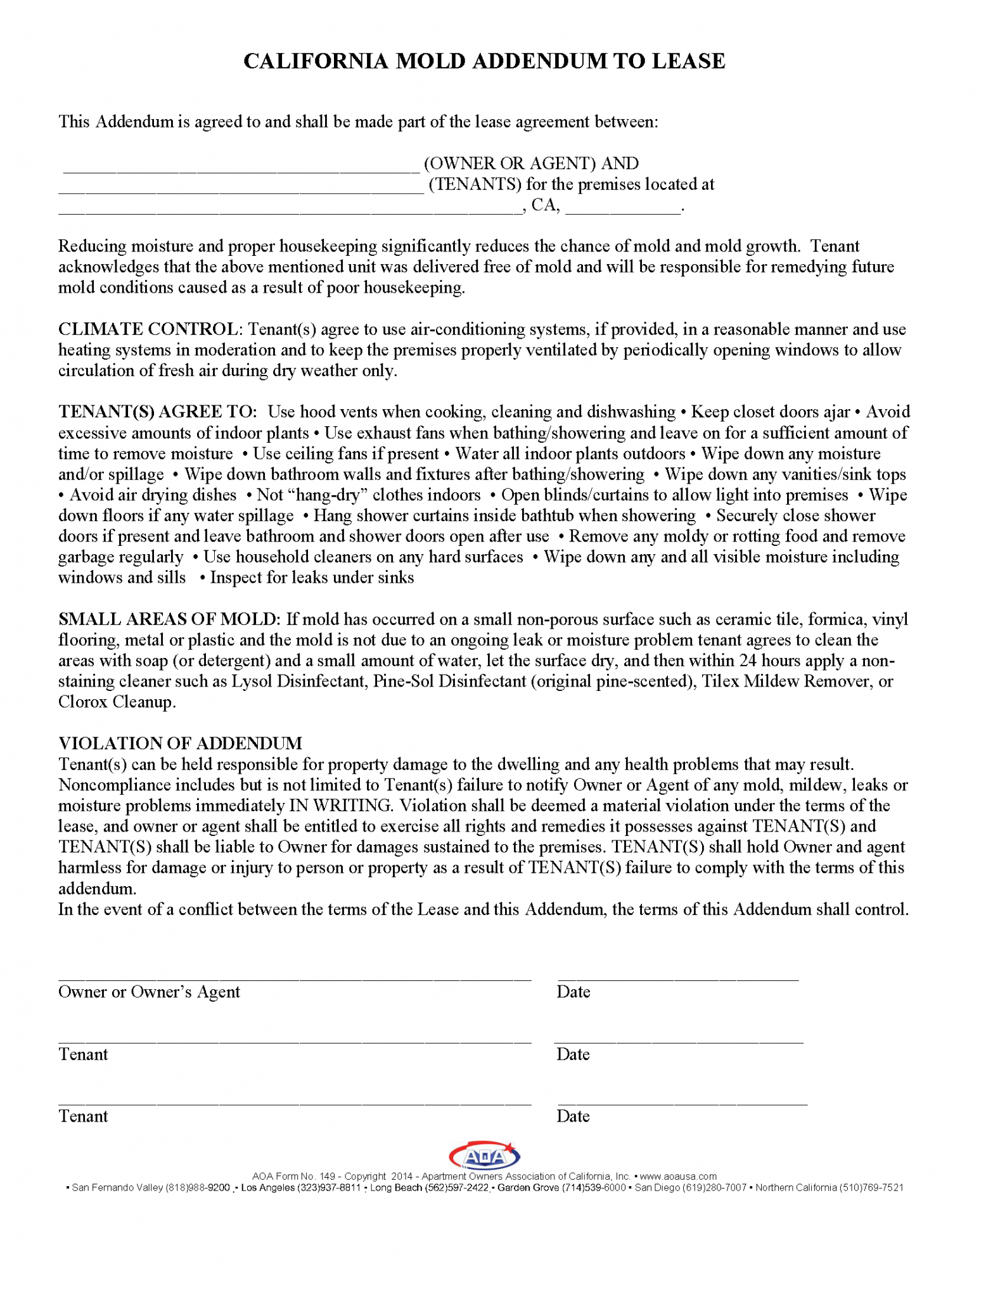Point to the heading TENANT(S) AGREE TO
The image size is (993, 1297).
coord(157,412)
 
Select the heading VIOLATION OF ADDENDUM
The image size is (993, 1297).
coord(180,743)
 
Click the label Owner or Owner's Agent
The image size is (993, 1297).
coord(149,992)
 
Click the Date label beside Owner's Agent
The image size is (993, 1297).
coord(573,992)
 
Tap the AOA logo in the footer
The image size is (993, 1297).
coord(484,1157)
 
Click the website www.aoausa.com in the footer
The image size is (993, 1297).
coord(678,1177)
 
